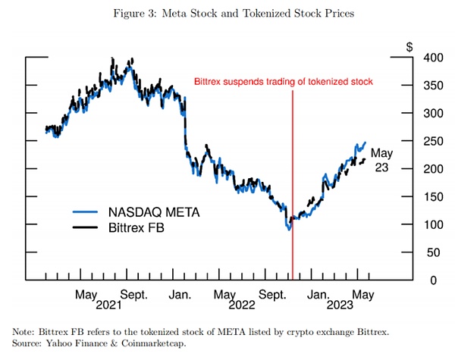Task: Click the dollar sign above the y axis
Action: pyautogui.click(x=410, y=47)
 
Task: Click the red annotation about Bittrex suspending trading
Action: pyautogui.click(x=284, y=81)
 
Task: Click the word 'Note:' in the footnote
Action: pyautogui.click(x=24, y=331)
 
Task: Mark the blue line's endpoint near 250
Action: pyautogui.click(x=366, y=142)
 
